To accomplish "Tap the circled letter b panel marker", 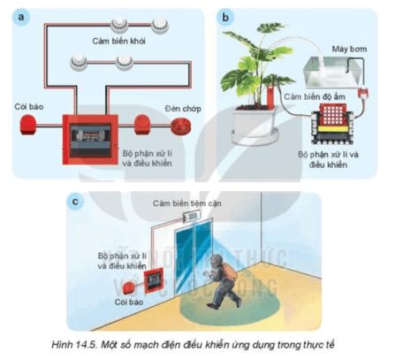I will click(x=228, y=17).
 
